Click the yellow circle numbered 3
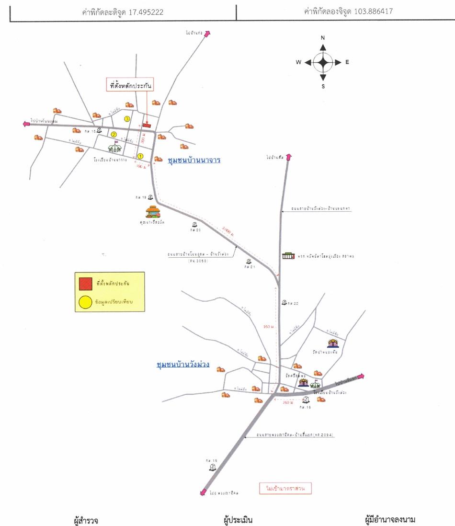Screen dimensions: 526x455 pyautogui.click(x=127, y=118)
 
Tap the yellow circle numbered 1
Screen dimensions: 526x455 pyautogui.click(x=140, y=156)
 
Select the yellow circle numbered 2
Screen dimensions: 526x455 pyautogui.click(x=114, y=135)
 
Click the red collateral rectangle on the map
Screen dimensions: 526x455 pyautogui.click(x=147, y=125)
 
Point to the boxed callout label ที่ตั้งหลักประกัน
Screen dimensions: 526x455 pyautogui.click(x=130, y=85)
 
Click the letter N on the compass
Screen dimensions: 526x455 pyautogui.click(x=323, y=38)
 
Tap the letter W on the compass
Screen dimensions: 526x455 pyautogui.click(x=298, y=62)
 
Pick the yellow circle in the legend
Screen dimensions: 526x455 pyautogui.click(x=86, y=302)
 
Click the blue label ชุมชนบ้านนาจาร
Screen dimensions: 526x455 pyautogui.click(x=194, y=160)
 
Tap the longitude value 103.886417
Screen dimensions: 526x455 pyautogui.click(x=374, y=11)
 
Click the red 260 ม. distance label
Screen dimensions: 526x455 pyautogui.click(x=288, y=403)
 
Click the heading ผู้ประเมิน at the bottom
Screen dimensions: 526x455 pyautogui.click(x=238, y=520)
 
